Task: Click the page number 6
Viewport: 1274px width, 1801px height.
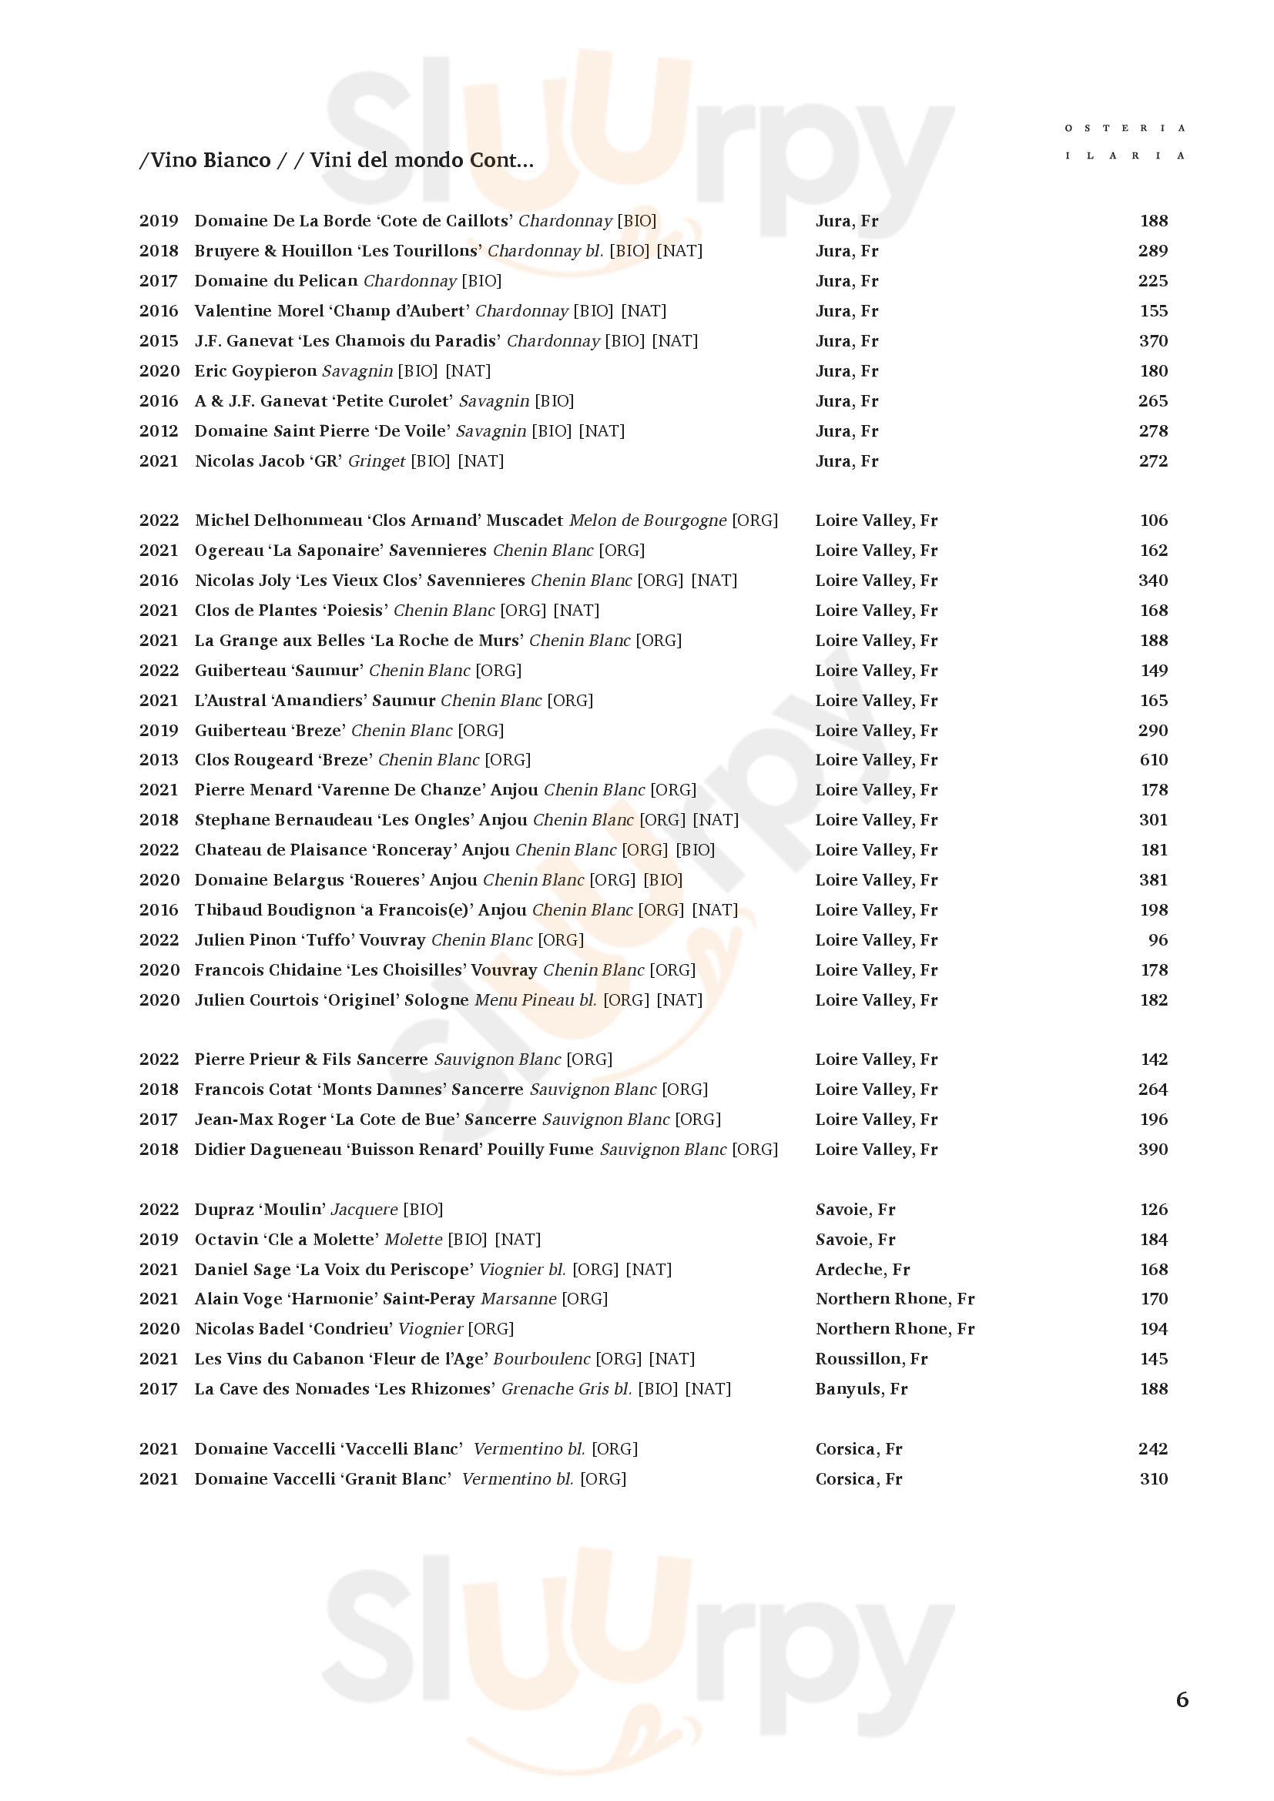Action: (1182, 1699)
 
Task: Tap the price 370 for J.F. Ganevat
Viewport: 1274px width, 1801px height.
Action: (1152, 340)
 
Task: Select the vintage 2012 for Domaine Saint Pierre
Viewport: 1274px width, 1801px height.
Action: (159, 430)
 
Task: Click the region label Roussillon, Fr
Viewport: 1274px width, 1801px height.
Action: (871, 1358)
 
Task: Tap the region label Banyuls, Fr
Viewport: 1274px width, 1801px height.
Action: (860, 1388)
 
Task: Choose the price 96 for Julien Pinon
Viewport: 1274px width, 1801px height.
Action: (1158, 939)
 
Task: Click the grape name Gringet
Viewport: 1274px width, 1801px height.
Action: (377, 461)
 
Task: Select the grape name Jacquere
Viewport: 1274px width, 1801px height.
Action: (364, 1210)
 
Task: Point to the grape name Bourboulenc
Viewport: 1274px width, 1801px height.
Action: (541, 1358)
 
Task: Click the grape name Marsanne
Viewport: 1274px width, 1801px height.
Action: (518, 1299)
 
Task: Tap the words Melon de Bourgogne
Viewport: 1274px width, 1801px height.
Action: (647, 521)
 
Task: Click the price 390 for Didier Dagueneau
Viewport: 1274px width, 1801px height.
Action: (1152, 1149)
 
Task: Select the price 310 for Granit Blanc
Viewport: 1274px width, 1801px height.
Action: (1152, 1478)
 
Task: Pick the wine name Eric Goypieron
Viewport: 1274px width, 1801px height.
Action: (255, 371)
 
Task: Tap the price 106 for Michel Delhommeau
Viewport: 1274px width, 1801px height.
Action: (1153, 520)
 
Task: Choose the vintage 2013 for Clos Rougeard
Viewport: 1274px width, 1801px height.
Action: (159, 759)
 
